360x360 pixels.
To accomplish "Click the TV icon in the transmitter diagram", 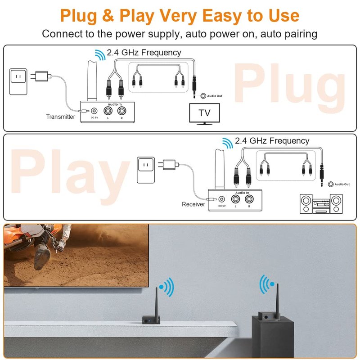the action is [x=204, y=114].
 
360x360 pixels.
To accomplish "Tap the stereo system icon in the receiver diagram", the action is [x=321, y=204].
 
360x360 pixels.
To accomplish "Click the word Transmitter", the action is [x=61, y=117].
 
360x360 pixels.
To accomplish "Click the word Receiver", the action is [x=193, y=204].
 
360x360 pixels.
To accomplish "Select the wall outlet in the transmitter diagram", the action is [x=18, y=81].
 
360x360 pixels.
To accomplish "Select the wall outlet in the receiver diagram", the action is [x=145, y=170].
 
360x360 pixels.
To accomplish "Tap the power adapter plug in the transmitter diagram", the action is [x=41, y=76].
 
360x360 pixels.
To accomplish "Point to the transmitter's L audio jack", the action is [x=108, y=111].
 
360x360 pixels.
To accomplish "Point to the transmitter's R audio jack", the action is [x=121, y=111].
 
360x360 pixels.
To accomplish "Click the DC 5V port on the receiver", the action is [x=221, y=199].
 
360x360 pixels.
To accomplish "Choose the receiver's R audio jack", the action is [x=249, y=199].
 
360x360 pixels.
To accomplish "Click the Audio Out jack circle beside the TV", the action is [x=203, y=96].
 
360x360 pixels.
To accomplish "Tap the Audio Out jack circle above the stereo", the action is [x=331, y=184].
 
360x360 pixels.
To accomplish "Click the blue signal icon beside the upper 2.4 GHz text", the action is [x=100, y=55].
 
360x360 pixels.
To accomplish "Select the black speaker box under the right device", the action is [x=273, y=337].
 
